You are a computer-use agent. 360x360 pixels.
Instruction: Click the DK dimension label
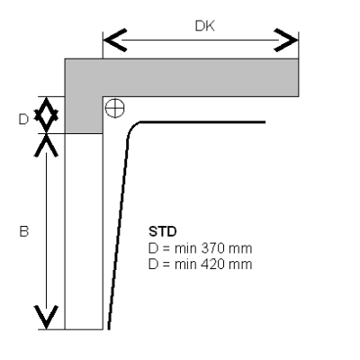pos(205,26)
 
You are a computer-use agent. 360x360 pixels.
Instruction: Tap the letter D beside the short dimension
pos(23,120)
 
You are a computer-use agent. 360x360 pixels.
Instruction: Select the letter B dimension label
pos(24,231)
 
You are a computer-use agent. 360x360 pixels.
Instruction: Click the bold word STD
pos(163,231)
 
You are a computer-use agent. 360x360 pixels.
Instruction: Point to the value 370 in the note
pos(213,248)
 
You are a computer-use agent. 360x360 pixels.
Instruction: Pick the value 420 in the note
pos(213,265)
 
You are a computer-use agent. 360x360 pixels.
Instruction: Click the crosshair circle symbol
pos(115,108)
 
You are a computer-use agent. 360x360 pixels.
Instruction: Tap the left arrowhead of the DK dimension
pos(115,40)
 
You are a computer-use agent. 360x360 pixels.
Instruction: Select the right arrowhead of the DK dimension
pos(286,40)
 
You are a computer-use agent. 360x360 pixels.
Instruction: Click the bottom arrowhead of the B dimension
pos(46,318)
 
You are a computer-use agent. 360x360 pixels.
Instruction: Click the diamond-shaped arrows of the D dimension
pos(46,115)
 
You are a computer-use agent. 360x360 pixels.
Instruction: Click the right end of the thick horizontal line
pos(265,122)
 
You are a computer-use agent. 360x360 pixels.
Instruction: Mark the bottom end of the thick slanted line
pos(109,329)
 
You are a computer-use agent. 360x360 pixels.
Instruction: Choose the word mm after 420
pos(240,265)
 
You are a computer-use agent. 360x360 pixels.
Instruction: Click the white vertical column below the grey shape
pos(84,231)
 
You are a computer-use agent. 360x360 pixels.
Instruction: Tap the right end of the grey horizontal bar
pos(298,77)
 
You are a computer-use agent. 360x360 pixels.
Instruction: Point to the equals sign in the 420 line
pos(166,265)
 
